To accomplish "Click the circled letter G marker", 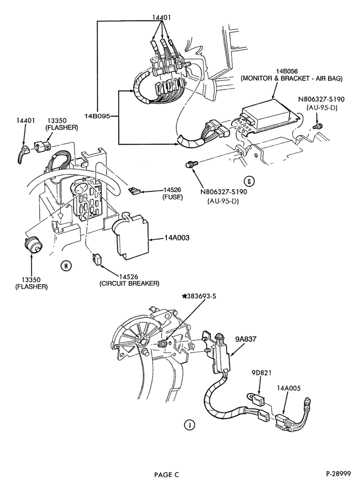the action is coord(249,181).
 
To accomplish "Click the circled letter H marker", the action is coord(66,265).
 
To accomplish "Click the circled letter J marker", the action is coord(189,426).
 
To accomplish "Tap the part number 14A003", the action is coord(177,238).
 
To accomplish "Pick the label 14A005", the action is coord(289,388).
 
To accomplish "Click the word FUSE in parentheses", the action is coord(172,197).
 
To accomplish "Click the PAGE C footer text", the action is coord(166,474).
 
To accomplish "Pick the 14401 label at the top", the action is coord(162,18).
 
